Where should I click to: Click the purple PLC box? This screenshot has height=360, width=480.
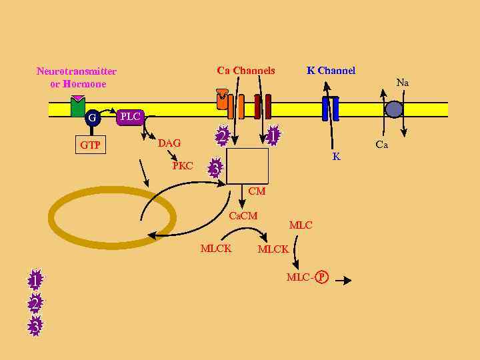point(131,117)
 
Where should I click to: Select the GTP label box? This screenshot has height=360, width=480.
point(90,145)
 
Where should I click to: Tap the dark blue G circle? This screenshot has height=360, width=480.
point(92,118)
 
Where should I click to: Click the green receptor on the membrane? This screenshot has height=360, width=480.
point(78,107)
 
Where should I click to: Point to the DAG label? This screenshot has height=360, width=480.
point(169,143)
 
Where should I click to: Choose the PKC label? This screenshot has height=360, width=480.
point(183,166)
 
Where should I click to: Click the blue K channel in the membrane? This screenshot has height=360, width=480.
point(331,108)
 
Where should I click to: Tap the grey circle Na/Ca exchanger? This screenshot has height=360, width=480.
point(394,109)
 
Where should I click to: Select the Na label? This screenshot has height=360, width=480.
point(402,83)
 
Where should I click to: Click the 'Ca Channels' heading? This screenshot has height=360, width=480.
point(246,71)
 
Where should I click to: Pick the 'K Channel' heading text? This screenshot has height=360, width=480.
point(331,71)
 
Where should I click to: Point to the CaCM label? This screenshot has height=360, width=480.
point(243,216)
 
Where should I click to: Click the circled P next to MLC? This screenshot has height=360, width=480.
point(322,277)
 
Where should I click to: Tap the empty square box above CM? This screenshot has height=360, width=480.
point(247,166)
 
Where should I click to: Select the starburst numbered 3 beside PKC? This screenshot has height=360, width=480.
point(215,168)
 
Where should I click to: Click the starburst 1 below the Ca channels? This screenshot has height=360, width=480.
point(272,135)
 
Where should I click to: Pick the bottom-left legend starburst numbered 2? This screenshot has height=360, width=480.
point(35,303)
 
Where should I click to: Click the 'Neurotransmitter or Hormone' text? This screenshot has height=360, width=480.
point(77,77)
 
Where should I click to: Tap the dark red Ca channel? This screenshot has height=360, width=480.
point(263,106)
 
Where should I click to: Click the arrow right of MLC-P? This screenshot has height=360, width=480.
point(343,281)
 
